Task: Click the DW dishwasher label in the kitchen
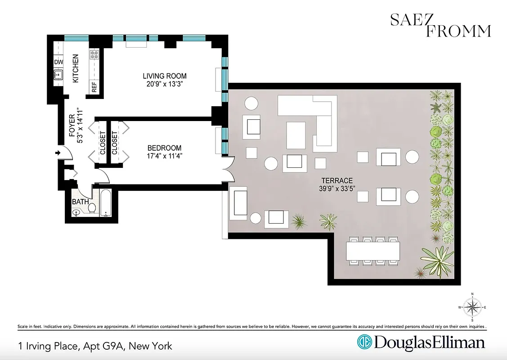click(58, 62)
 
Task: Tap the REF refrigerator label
click(94, 87)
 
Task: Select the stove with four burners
click(94, 55)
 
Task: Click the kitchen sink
click(58, 75)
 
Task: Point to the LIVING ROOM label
click(165, 76)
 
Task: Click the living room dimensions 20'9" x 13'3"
click(165, 84)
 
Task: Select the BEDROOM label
click(164, 148)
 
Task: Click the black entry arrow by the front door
click(58, 153)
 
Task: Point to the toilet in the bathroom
click(92, 208)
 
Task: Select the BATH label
click(80, 202)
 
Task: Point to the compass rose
click(472, 307)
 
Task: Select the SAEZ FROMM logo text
click(440, 25)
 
